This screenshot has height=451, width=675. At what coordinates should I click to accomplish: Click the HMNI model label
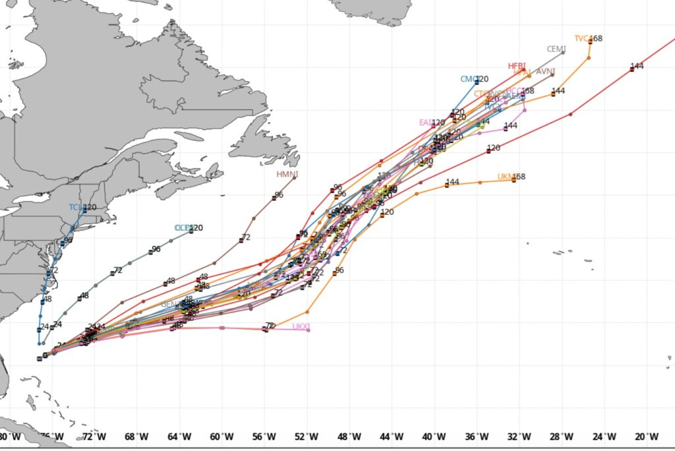point(287,174)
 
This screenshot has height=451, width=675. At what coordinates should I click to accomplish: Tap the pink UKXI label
point(301,327)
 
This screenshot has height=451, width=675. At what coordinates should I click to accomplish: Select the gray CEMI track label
point(556,49)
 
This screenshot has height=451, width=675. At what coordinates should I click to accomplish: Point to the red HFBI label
point(516,66)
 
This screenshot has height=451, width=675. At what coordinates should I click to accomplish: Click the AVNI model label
point(545,72)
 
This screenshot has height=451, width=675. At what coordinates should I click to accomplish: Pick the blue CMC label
point(468,79)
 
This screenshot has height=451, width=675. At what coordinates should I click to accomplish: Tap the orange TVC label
point(581,38)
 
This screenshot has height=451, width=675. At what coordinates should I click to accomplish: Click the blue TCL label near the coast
point(76,207)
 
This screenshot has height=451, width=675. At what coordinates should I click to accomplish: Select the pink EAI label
point(425,123)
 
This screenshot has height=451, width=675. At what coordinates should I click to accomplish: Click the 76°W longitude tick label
point(53,436)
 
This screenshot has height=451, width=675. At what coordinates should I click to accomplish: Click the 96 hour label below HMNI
point(279,195)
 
